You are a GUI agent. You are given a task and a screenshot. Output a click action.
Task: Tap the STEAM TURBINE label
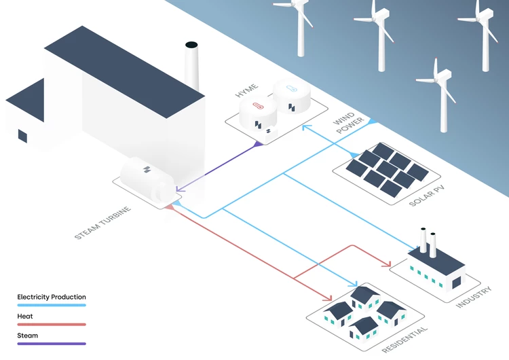coord(102,223)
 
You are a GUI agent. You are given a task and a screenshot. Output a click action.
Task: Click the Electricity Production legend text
coord(52,297)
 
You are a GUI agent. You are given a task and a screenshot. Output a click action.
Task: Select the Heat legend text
coord(25,316)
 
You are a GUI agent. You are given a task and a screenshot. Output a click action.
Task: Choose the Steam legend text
coord(28,335)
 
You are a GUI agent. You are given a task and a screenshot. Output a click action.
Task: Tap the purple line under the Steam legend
coord(52,344)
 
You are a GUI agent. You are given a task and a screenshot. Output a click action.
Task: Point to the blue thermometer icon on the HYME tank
coord(292,88)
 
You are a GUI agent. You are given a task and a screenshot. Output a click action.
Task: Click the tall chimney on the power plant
coord(191,68)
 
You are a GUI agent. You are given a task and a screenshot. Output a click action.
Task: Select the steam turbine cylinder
coord(146,178)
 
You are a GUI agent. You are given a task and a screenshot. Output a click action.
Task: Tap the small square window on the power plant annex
coord(22,136)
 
